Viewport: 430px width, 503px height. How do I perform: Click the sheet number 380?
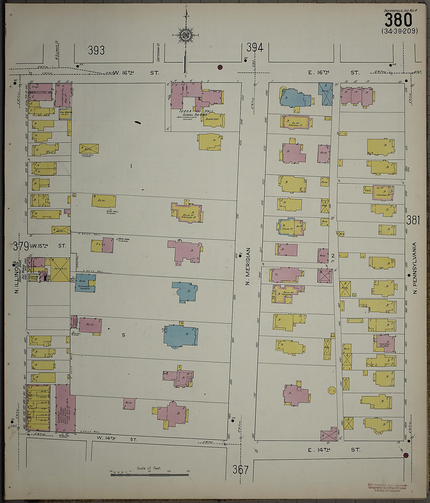point(398,20)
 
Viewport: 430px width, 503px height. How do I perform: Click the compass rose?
point(186,34)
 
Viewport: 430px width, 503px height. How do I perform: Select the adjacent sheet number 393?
point(96,50)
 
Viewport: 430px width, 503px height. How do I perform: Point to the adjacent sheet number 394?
point(254,48)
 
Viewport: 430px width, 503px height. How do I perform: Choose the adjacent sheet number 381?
point(413,220)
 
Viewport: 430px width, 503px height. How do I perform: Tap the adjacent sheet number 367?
point(240,469)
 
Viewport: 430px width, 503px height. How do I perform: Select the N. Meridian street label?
point(247,266)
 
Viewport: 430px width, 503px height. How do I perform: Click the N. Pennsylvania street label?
point(415,268)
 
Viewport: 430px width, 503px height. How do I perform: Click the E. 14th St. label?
point(333,450)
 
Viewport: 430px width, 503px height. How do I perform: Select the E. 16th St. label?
point(333,73)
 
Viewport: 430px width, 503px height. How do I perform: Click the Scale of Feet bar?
point(149,475)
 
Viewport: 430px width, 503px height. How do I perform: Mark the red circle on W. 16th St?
point(220,67)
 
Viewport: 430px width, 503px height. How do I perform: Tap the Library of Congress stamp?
point(387,488)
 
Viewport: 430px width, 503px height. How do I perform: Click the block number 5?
point(124,335)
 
